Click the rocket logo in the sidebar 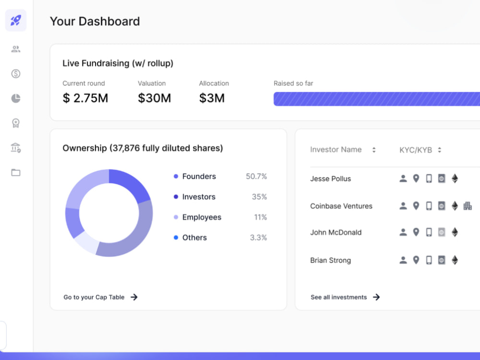16,21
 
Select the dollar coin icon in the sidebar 16,74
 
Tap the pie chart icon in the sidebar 16,98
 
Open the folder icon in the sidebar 16,172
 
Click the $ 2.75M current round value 85,98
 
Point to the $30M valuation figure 154,98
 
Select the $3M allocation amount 212,98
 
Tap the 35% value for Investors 259,196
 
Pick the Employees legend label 202,217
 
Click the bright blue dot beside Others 176,238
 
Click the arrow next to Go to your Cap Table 134,297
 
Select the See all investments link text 338,297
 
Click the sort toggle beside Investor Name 374,150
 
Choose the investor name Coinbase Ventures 341,206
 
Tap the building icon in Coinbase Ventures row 468,206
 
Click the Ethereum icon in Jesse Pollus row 455,179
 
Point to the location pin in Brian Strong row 416,260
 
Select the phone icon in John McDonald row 429,232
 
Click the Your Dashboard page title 95,21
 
